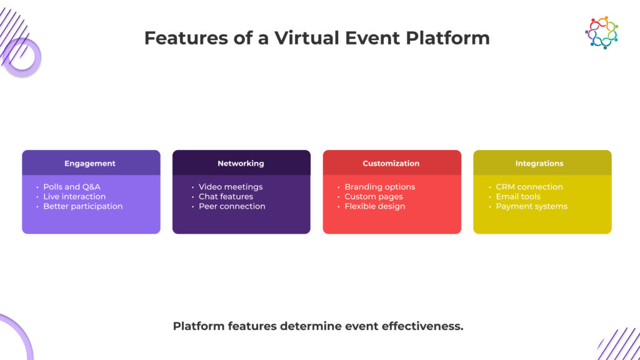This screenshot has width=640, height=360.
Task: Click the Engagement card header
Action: pos(91,163)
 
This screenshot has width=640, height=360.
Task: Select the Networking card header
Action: pos(241,163)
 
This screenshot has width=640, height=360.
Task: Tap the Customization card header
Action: pos(391,163)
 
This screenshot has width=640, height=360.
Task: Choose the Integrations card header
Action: pos(539,163)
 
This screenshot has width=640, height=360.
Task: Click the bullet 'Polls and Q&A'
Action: pos(71,187)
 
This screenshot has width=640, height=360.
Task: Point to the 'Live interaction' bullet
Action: pos(74,196)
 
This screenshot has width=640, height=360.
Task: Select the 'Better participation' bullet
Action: pos(82,206)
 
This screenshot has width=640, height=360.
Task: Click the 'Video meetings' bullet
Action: pos(230,187)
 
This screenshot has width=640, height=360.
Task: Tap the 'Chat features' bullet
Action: pos(226,196)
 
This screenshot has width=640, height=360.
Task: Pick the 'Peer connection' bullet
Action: pos(232,206)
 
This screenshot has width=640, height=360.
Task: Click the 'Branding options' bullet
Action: pos(379,187)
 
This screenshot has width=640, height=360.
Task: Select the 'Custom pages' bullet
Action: pos(373,196)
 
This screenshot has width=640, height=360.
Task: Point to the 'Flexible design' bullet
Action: pos(374,206)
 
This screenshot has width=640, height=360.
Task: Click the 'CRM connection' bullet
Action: pos(529,187)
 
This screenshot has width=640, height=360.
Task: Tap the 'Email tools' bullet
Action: pos(517,196)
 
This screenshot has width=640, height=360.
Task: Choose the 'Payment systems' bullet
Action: pos(531,206)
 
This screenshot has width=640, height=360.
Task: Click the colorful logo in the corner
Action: pos(601,32)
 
